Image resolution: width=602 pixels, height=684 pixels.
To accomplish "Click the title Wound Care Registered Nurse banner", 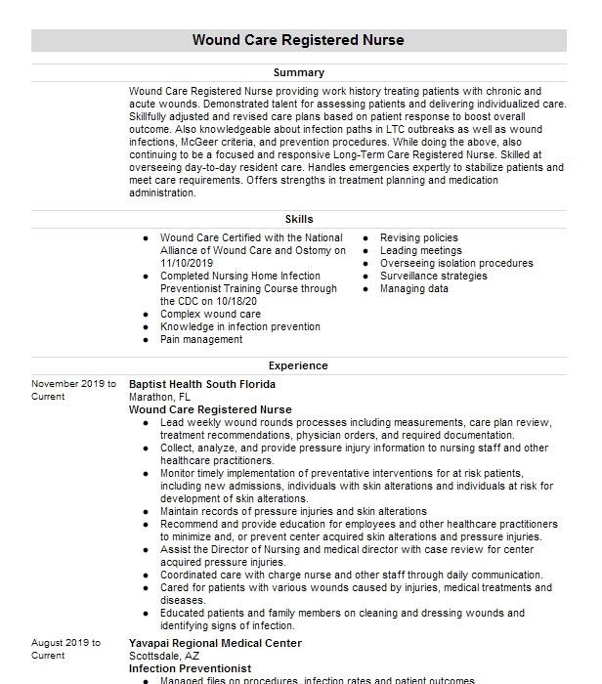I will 298,40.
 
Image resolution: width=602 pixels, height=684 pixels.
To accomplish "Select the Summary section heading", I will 298,73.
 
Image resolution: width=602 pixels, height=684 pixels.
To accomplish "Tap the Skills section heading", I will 298,220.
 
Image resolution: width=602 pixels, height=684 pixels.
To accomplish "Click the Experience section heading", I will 298,365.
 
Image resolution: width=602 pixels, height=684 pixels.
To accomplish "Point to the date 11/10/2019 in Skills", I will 188,264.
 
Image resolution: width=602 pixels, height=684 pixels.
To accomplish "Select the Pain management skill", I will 201,340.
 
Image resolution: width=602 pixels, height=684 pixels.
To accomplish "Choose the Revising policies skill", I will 418,238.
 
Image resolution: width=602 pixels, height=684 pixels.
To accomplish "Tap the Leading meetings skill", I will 420,251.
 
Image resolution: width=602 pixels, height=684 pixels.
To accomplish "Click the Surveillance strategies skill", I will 433,277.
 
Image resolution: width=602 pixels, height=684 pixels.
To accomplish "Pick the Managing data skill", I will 413,289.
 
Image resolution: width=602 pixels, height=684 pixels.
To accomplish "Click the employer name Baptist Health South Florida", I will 202,385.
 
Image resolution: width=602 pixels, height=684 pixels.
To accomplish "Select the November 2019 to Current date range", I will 72,391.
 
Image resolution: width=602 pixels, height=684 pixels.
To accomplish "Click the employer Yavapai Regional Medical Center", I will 215,644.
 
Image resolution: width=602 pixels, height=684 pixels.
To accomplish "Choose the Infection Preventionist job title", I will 190,669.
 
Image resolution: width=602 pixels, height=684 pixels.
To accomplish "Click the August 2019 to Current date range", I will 65,650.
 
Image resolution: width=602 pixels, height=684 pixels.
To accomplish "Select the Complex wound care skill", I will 210,315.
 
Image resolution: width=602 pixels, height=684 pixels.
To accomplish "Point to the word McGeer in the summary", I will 232,142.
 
